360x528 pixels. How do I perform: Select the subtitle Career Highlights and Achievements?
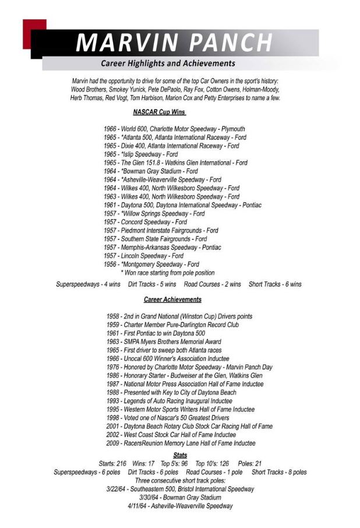click(x=168, y=63)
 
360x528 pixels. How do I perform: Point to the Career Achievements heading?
click(x=172, y=299)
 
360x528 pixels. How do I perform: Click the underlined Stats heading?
click(x=180, y=455)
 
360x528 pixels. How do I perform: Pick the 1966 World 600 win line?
click(x=174, y=129)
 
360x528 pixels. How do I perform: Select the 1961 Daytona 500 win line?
click(x=182, y=205)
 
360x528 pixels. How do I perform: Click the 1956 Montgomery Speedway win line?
click(x=151, y=264)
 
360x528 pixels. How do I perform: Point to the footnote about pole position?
click(x=167, y=272)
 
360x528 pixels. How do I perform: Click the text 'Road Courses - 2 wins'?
click(x=212, y=284)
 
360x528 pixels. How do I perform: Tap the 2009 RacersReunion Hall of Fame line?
click(x=181, y=443)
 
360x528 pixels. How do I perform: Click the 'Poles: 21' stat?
click(x=250, y=463)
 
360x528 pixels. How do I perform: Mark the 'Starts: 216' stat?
click(x=113, y=463)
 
